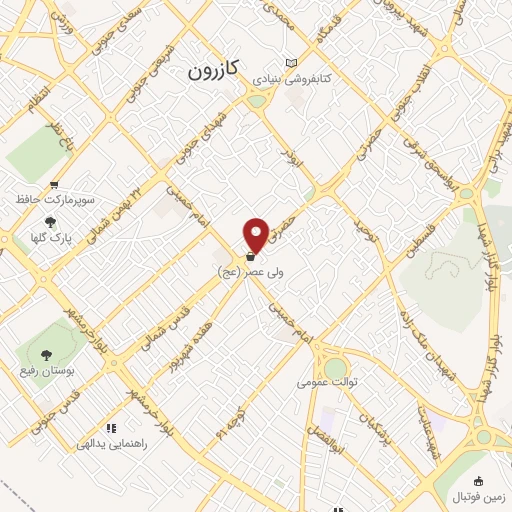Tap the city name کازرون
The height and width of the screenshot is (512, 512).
(213, 71)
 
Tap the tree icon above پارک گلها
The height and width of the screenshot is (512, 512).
(51, 222)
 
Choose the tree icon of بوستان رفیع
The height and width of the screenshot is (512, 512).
(46, 353)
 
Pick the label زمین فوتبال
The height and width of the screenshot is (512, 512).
(480, 497)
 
